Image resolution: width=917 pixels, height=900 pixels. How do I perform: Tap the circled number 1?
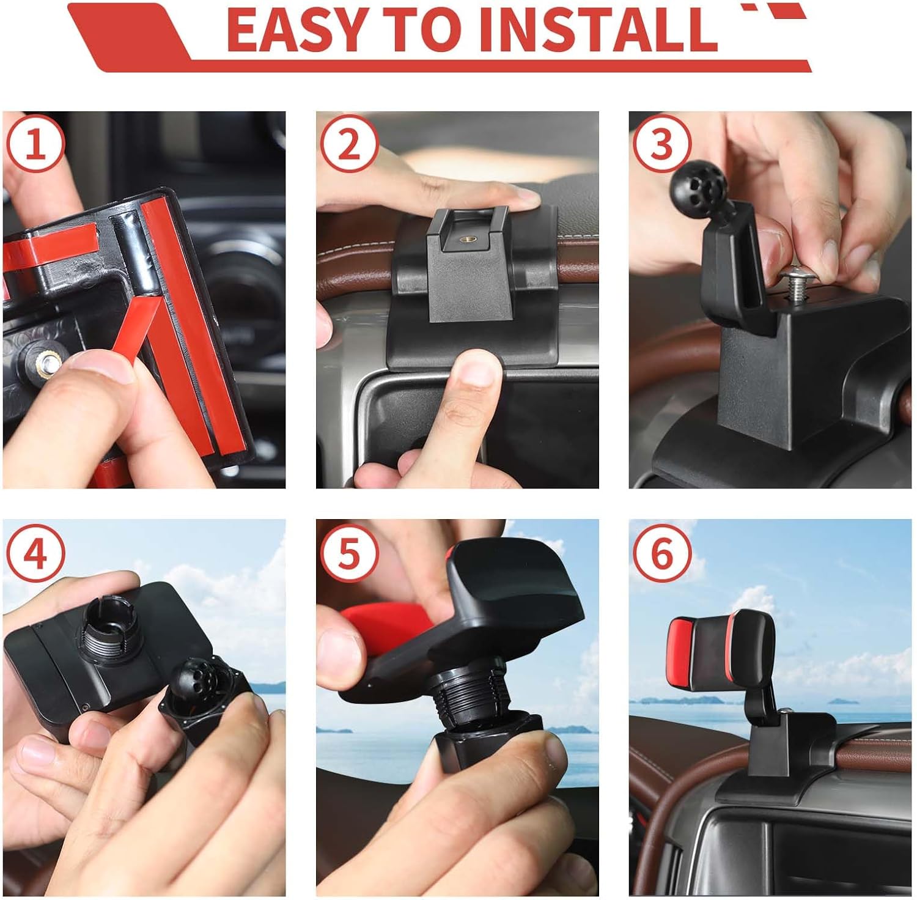pos(35,146)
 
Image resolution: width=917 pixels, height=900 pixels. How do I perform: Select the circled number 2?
pos(349,146)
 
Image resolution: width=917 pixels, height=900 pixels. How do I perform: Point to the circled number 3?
pos(662,146)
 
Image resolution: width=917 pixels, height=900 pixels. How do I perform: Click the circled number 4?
pos(35,554)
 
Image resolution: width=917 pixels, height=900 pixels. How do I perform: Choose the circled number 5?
pos(349,554)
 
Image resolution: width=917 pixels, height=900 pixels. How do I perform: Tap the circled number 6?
pos(662,554)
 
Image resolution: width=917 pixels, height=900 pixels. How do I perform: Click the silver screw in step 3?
pos(793,282)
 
